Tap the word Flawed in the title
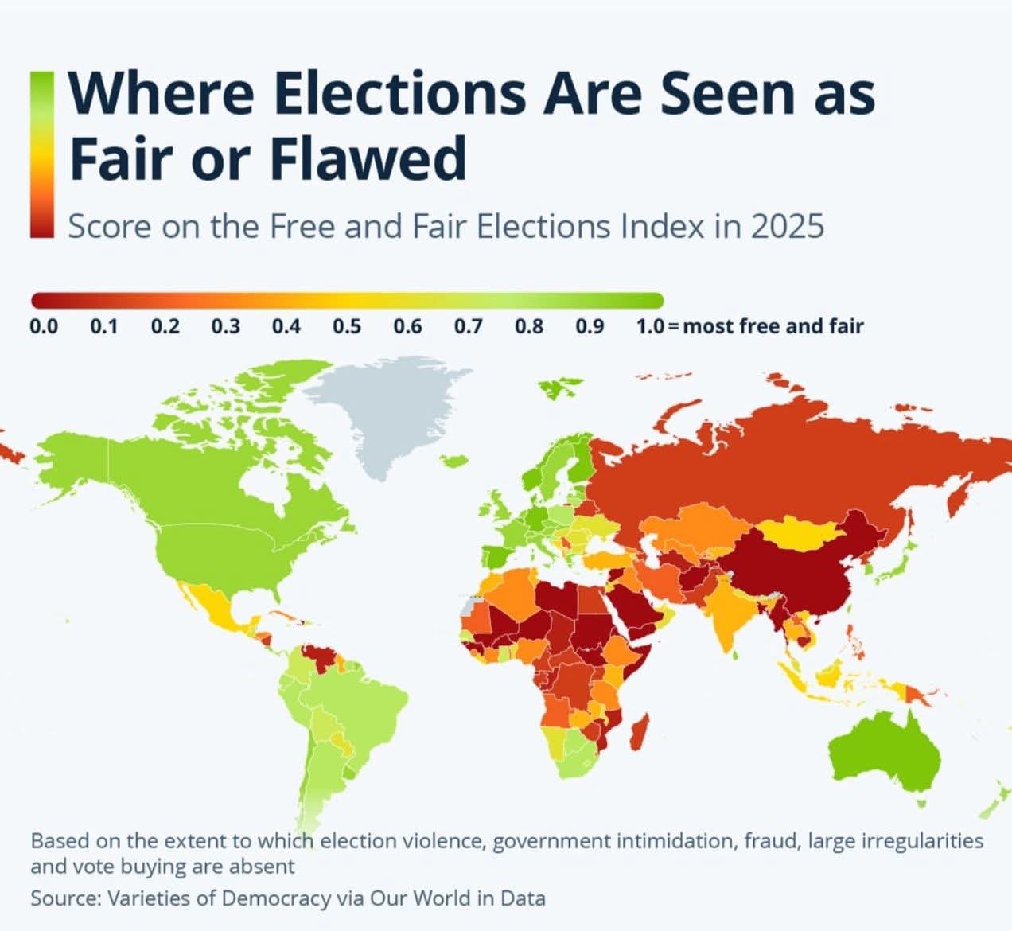tap(368, 158)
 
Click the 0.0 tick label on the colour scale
tap(44, 326)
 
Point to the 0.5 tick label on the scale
tap(347, 326)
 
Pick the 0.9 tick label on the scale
tap(590, 326)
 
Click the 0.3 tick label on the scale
tap(226, 326)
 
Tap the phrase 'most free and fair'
tap(773, 326)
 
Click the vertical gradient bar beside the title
tap(41, 154)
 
